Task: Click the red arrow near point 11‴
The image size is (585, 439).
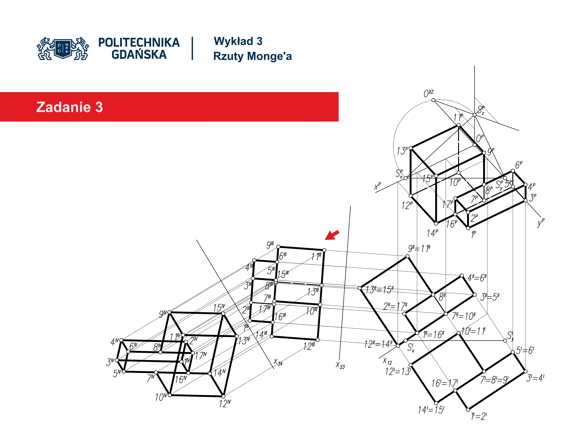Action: pos(332,235)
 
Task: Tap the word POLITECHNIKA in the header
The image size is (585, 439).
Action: pos(139,43)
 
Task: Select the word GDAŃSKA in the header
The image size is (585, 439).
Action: pos(139,55)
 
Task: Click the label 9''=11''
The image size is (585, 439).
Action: pos(419,249)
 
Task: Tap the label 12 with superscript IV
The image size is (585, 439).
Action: pos(225,403)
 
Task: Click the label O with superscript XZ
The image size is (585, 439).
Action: pos(428,93)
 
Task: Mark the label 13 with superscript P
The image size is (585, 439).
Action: pos(402,151)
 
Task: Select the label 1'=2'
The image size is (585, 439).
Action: pos(479,416)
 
